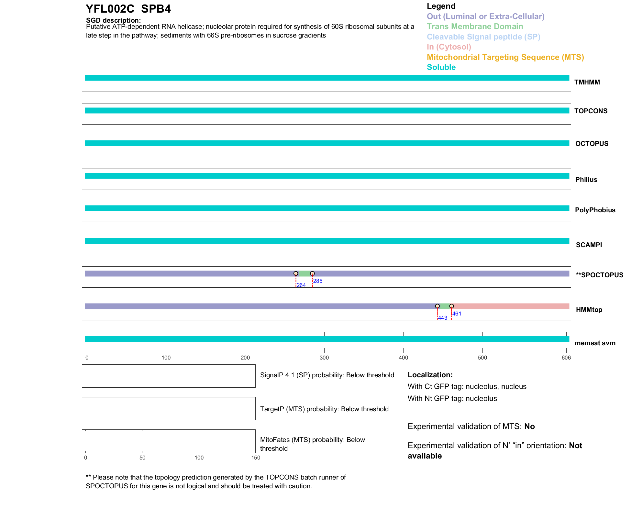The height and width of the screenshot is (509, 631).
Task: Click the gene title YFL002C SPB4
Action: point(128,9)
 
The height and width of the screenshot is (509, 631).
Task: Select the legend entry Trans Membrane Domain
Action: point(475,27)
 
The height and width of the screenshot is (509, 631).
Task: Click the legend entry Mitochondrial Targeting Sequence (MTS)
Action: point(505,57)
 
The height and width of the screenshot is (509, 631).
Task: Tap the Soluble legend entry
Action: point(441,67)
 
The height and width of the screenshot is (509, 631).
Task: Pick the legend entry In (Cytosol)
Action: point(449,47)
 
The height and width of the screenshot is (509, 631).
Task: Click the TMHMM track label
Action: point(587,82)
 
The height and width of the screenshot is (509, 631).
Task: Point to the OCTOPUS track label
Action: point(592,144)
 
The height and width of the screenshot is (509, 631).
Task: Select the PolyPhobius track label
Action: point(595,210)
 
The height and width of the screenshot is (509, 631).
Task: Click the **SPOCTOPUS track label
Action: point(599,275)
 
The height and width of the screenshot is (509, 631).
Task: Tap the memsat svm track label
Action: point(595,343)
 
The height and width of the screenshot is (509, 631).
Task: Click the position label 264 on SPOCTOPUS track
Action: point(301,285)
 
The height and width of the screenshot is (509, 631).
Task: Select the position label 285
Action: point(318,281)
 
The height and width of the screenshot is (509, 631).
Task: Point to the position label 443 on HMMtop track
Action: point(442,318)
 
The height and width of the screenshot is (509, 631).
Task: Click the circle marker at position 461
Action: point(451,306)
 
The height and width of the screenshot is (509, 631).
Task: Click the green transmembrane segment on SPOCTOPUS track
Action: point(304,274)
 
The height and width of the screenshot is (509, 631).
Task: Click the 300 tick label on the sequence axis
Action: point(324,358)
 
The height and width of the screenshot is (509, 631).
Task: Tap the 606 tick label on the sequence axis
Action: point(566,358)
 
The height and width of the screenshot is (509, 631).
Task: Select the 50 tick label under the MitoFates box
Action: point(142,458)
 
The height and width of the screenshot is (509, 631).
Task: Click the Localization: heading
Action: point(430,375)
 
